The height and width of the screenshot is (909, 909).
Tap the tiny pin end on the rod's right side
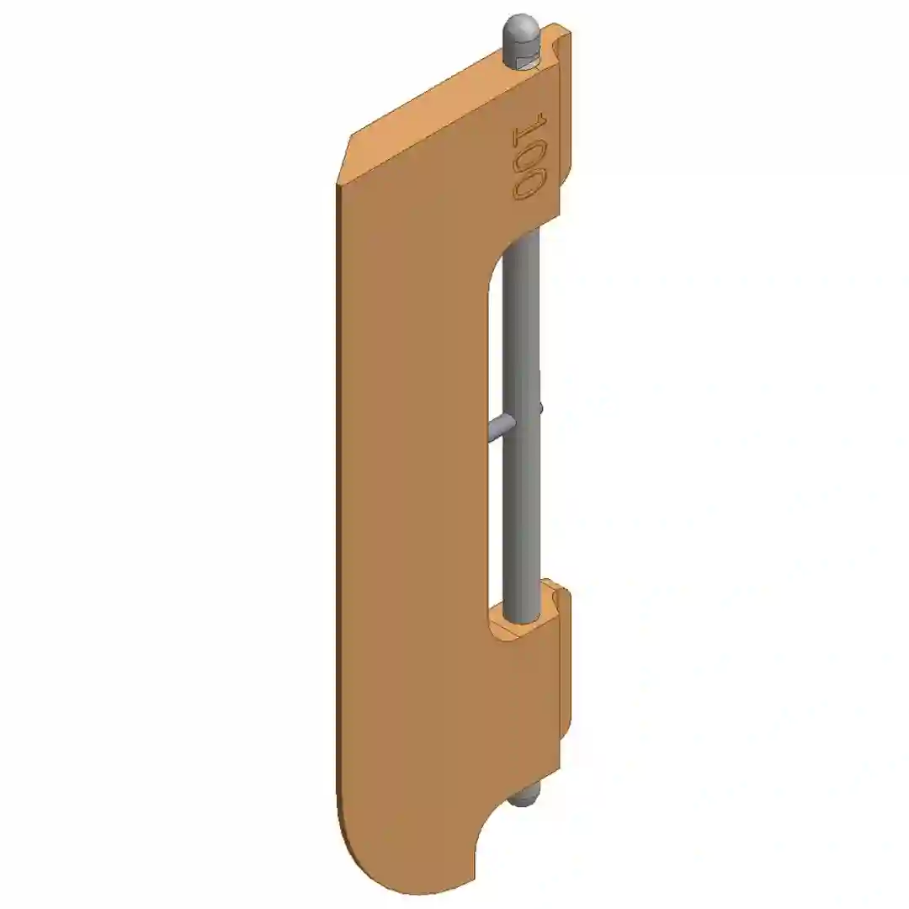click(x=541, y=409)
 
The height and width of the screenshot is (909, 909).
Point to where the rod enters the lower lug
click(x=523, y=619)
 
